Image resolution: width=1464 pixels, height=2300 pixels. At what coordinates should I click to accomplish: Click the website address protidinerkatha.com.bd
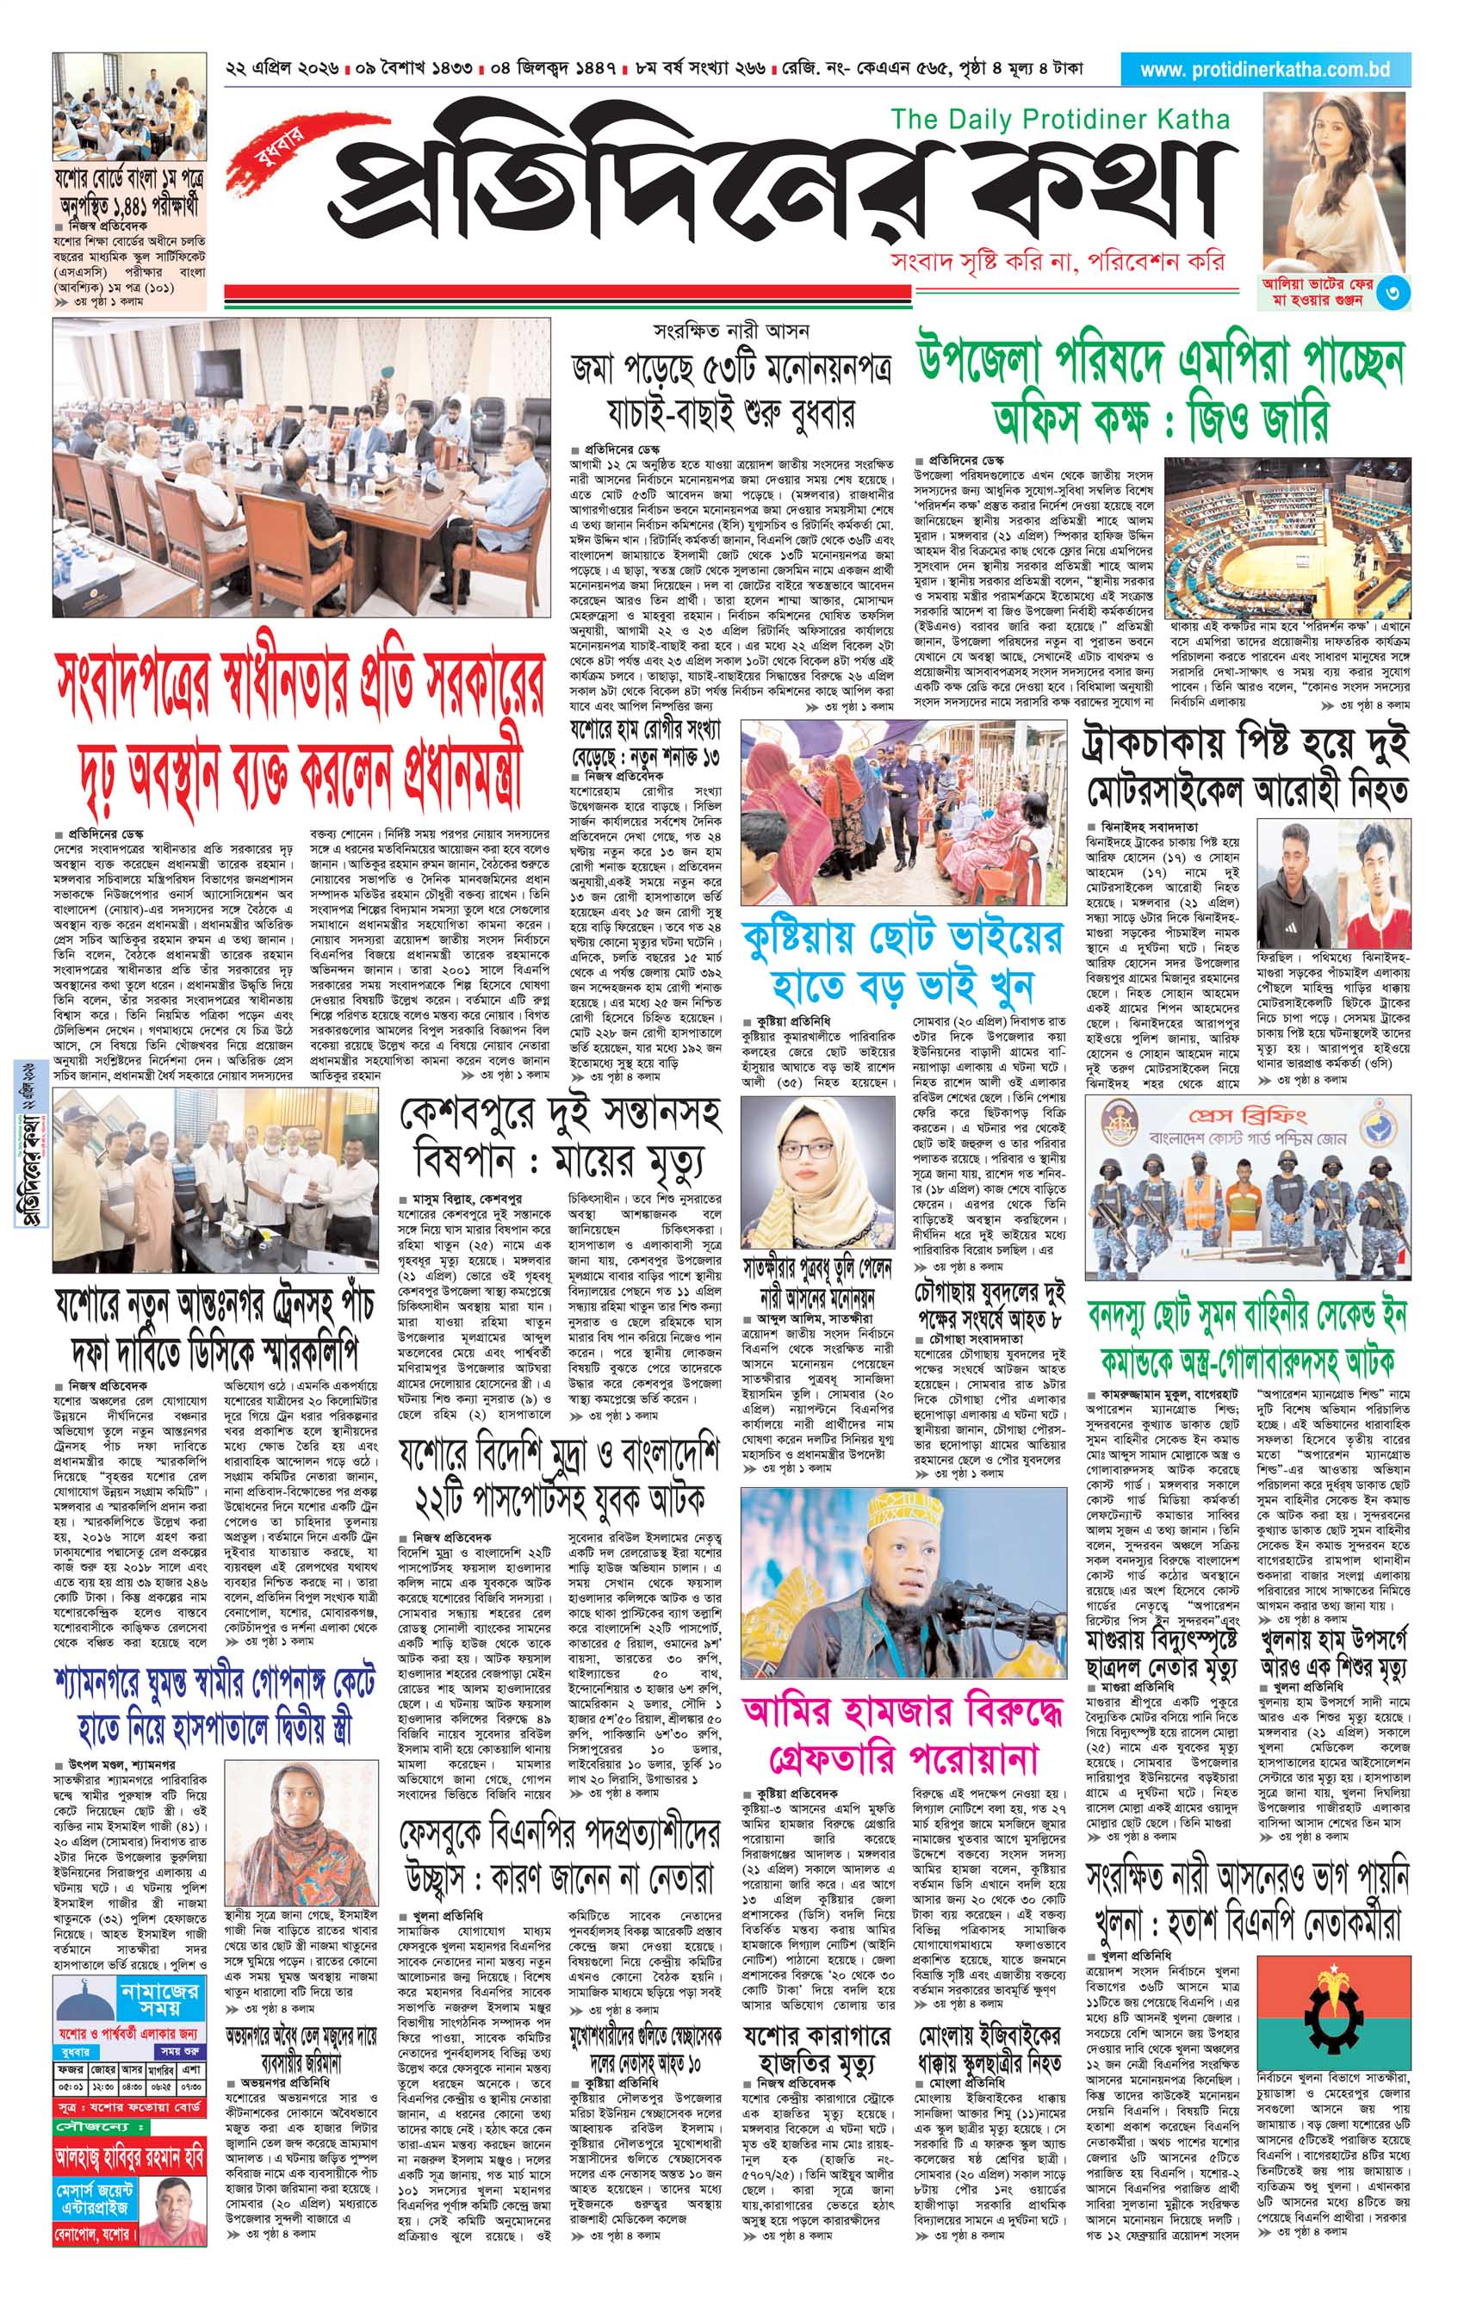1264,70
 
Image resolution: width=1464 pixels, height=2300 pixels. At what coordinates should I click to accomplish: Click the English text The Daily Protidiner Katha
1060,121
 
